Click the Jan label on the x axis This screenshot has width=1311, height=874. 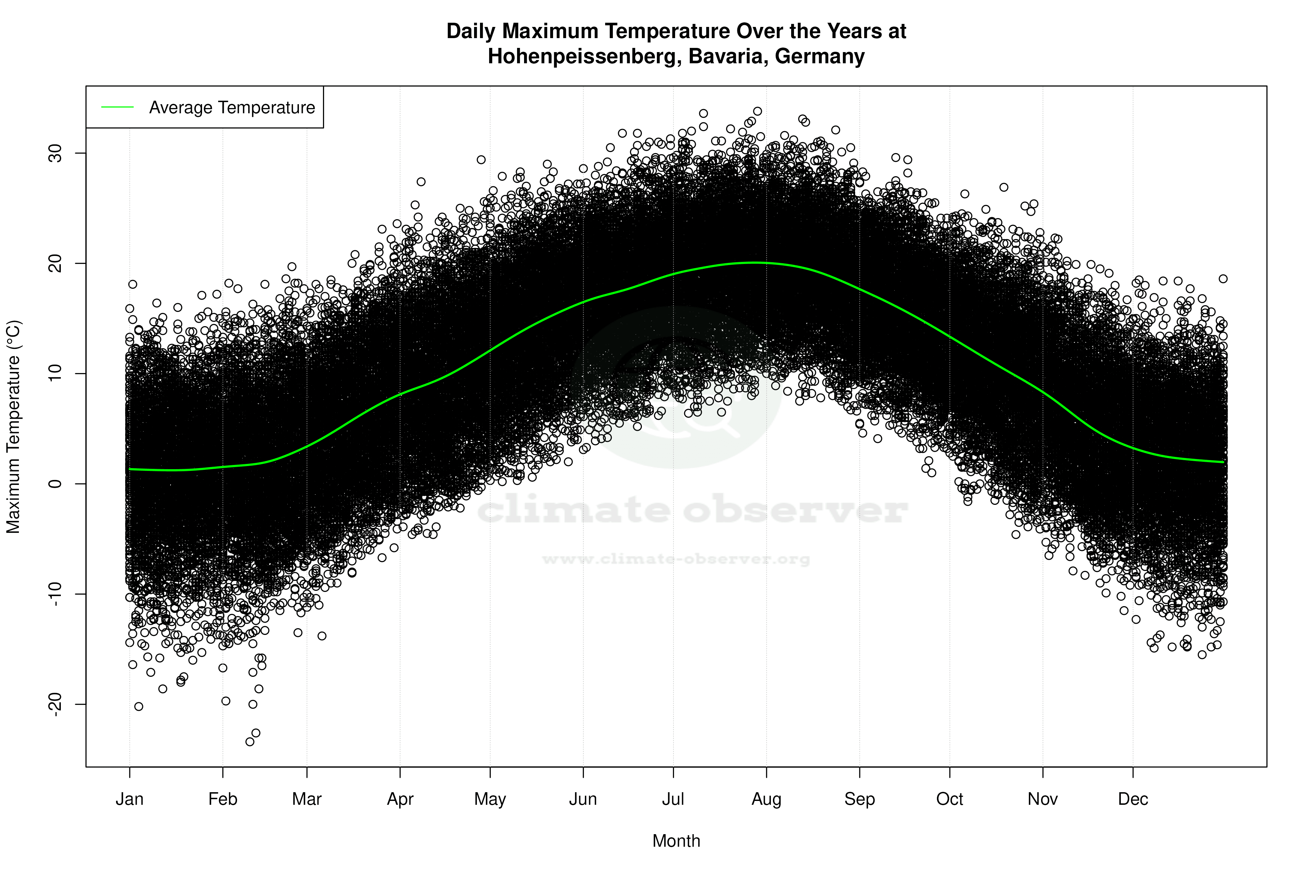(129, 799)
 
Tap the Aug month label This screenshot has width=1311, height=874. (766, 799)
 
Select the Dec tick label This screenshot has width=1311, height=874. (1133, 799)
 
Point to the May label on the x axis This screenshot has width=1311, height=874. (490, 799)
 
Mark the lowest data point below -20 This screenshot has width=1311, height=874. (250, 742)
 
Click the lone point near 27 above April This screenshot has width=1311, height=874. (421, 182)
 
